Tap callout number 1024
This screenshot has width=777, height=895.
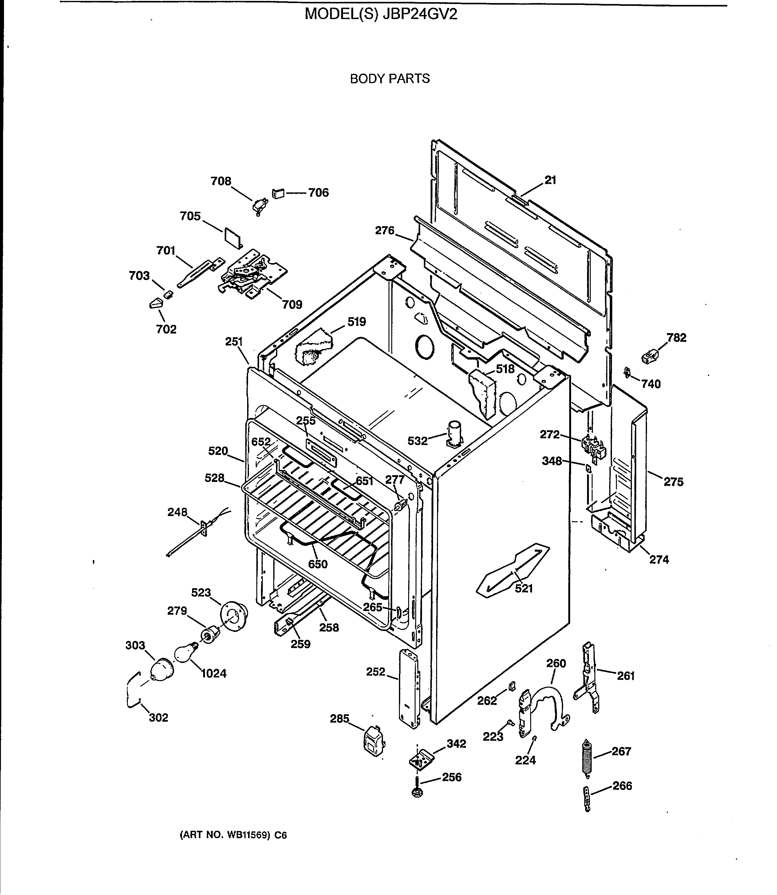[x=214, y=673]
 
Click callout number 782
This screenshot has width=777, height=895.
[x=676, y=338]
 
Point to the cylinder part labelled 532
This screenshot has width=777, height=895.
[x=454, y=434]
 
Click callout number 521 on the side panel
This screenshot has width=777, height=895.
[x=523, y=589]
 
